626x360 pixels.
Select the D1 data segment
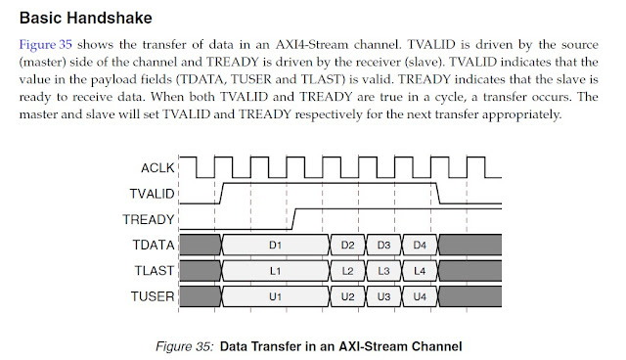coord(275,243)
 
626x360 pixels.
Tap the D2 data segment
coord(347,243)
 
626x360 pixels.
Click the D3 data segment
coord(383,243)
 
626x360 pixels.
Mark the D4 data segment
coord(420,243)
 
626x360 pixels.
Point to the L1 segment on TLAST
coord(275,269)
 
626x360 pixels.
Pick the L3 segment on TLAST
coord(383,269)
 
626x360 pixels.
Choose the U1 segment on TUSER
coord(275,294)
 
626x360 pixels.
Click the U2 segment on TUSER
coord(347,294)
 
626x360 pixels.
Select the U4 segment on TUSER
coord(420,294)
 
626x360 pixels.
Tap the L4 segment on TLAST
coord(420,269)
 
